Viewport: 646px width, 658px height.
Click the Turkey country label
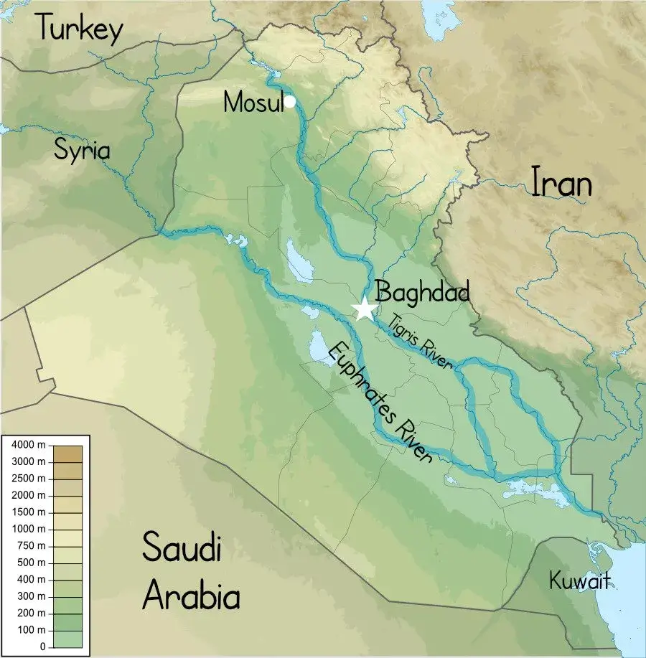pyautogui.click(x=80, y=28)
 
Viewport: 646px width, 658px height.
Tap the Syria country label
pyautogui.click(x=83, y=151)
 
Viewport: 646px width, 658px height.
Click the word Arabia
pyautogui.click(x=190, y=595)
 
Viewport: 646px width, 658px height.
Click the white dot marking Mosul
pyautogui.click(x=289, y=101)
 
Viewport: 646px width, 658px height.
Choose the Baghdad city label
pyautogui.click(x=423, y=293)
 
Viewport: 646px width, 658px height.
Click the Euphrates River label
pyautogui.click(x=380, y=403)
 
